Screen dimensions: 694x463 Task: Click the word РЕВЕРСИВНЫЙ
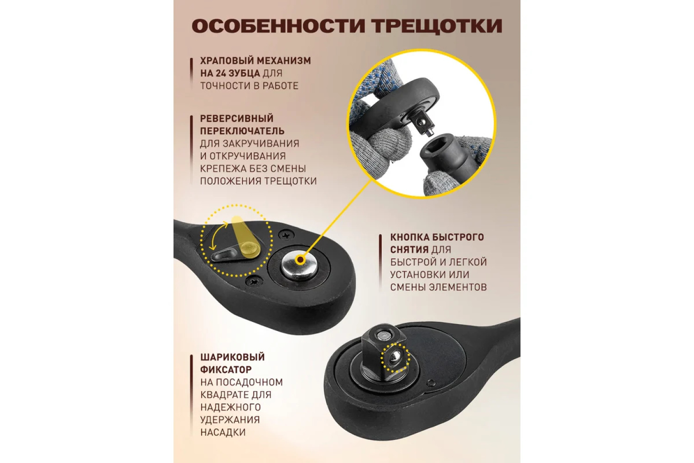pos(237,119)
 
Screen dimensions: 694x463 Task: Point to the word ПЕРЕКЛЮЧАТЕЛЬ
pos(242,131)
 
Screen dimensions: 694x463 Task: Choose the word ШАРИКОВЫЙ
pos(232,357)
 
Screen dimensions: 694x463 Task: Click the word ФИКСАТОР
pos(226,369)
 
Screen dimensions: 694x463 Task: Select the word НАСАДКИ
pos(223,432)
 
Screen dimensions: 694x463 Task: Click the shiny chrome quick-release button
pos(299,267)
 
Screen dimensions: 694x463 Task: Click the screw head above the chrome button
pos(285,235)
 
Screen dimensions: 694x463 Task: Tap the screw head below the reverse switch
pos(254,282)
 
